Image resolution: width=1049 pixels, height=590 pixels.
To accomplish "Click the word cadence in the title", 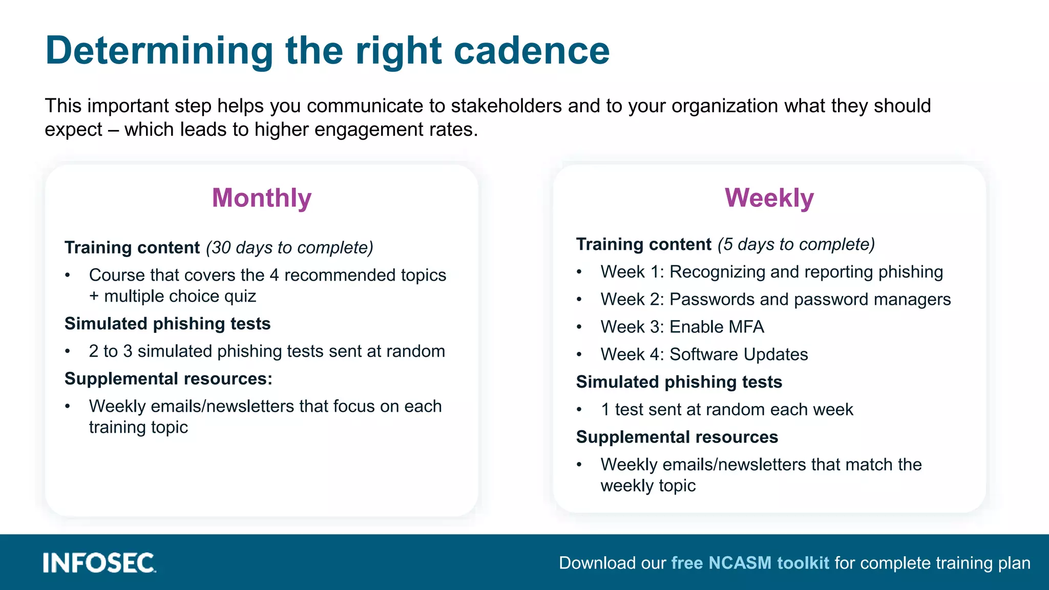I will coord(531,51).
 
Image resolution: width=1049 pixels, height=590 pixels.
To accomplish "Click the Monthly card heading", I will coord(262,198).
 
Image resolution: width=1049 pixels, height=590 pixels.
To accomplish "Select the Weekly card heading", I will coord(769,198).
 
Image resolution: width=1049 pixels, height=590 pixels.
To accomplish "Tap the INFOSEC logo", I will coord(99,563).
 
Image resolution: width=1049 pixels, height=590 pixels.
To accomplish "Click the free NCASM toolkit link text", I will coord(750,563).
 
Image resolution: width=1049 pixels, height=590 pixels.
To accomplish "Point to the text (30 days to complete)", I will coord(289,248).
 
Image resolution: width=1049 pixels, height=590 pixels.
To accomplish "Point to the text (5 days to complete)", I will coord(796,244).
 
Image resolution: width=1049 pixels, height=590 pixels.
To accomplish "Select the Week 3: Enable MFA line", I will coord(682,327).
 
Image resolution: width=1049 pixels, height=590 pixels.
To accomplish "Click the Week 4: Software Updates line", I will coord(704,354).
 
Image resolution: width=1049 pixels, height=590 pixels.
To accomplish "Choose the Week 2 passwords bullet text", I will coord(775,300).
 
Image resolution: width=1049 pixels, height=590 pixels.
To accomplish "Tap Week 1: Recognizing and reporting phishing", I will coord(771,272).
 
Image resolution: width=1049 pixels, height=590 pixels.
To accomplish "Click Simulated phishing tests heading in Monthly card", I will coord(167,324).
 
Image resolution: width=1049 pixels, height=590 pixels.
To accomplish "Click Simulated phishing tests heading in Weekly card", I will coord(679,382).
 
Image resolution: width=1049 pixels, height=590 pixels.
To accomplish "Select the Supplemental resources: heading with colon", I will coord(169,379).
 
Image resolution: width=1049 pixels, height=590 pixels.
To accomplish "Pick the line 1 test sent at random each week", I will coord(726,410).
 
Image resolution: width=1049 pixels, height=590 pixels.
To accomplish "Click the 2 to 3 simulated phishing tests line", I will coord(266,351).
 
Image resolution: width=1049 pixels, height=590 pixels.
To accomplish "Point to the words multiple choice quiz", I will coord(180,297).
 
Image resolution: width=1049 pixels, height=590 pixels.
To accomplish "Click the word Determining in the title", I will coord(159,51).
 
